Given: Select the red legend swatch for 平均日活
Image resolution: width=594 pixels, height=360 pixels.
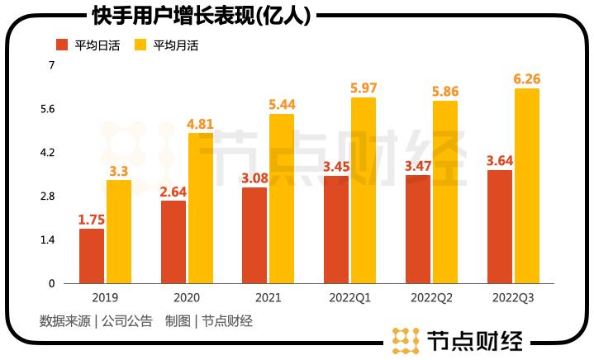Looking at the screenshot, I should tap(62, 45).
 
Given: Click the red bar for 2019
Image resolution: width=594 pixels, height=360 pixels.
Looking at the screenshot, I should tap(92, 256).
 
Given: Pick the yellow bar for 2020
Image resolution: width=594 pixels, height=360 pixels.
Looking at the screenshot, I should tap(201, 208).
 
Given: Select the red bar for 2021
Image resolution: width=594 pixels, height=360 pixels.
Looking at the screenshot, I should tap(254, 235).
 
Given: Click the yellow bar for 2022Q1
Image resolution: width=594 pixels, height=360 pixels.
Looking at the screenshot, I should tap(364, 191).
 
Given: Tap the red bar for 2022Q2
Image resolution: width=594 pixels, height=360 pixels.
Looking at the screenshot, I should tap(418, 229).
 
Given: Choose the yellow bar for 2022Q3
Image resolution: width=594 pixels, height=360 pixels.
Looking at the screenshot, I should tap(527, 186).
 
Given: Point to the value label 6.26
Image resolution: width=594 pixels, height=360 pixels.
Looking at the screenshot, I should tap(527, 78).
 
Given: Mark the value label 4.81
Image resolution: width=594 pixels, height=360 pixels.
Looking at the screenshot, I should tap(201, 124).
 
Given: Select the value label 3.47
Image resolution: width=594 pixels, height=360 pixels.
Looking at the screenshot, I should tap(418, 166).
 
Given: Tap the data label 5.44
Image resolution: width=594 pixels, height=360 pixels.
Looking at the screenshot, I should tap(283, 105).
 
